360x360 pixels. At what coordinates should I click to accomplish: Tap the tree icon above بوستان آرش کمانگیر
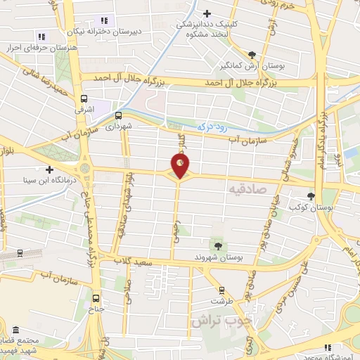tap(252, 54)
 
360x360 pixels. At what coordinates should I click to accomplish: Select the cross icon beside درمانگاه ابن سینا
tap(49, 169)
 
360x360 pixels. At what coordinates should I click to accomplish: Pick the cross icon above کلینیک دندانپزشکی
tap(207, 13)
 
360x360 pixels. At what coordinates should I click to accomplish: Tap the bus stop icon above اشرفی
tap(84, 99)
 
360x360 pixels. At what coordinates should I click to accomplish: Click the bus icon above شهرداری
tap(118, 115)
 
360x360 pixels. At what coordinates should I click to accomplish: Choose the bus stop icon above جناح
tap(96, 297)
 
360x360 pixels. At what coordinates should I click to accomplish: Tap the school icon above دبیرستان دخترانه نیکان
tap(104, 20)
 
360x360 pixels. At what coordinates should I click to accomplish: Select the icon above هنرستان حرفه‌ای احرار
tap(41, 37)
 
